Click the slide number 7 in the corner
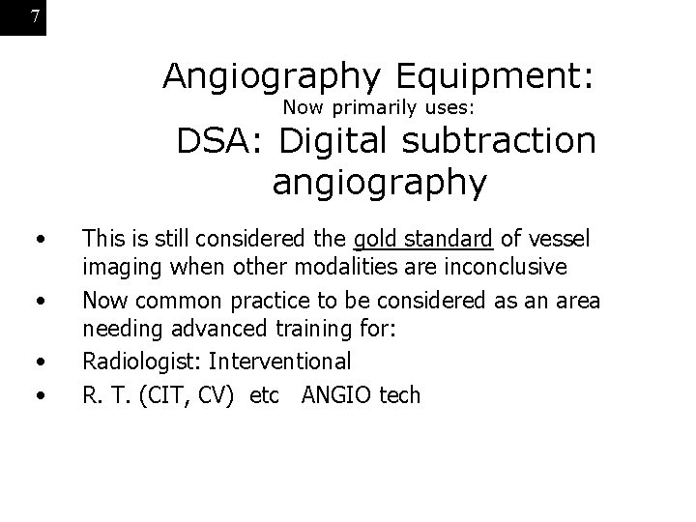[x=35, y=16]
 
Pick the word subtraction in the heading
[x=501, y=142]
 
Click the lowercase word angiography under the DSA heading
[x=379, y=183]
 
